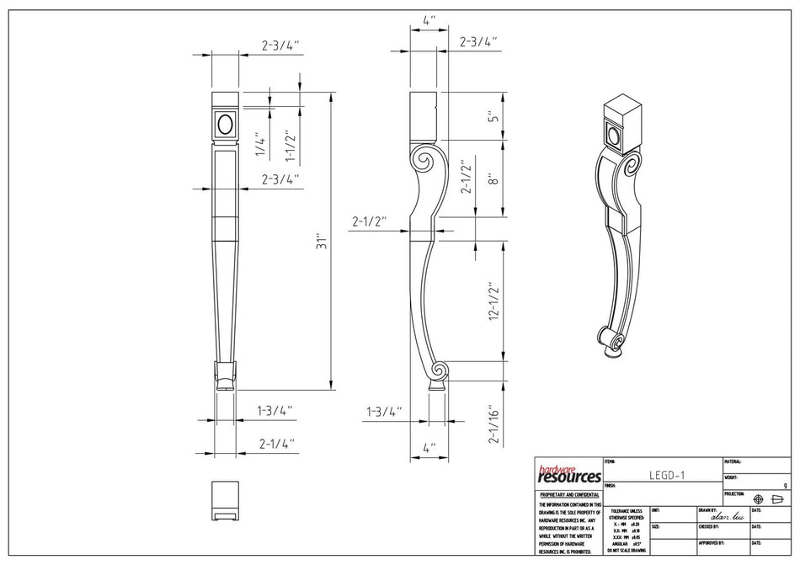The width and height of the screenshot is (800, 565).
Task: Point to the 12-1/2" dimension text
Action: (x=495, y=301)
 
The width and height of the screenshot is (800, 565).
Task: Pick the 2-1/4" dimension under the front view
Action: (x=275, y=442)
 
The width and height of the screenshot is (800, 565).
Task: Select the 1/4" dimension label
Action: (x=261, y=147)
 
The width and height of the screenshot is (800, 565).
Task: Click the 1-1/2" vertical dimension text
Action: (x=291, y=145)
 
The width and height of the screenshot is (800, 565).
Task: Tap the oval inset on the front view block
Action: (x=225, y=125)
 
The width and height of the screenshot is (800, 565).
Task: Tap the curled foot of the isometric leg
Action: (x=615, y=341)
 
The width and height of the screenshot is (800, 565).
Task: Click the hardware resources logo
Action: (x=568, y=474)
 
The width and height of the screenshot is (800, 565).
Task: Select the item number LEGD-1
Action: (x=666, y=475)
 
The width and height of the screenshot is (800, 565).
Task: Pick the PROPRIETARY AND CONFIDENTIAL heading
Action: (x=569, y=494)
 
